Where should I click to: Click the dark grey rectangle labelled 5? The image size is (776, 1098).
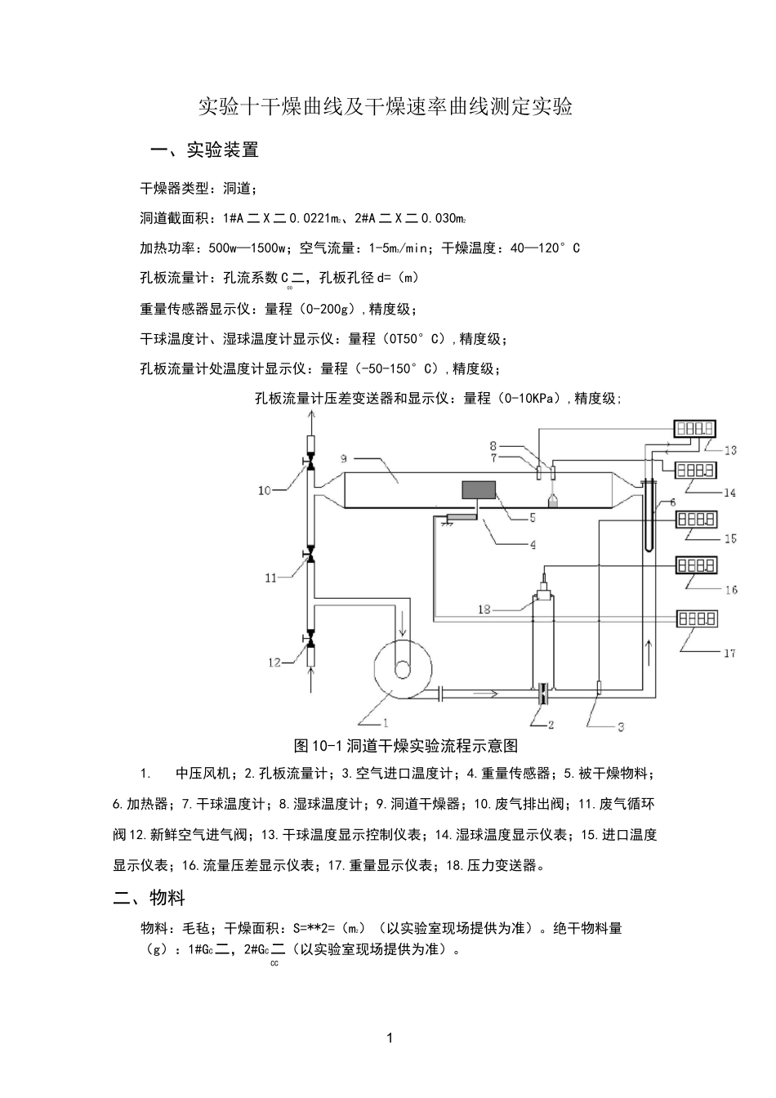pyautogui.click(x=479, y=490)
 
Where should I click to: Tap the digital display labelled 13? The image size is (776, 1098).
pyautogui.click(x=694, y=428)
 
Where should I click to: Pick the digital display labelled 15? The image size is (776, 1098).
pyautogui.click(x=695, y=519)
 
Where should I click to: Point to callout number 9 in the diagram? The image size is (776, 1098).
pyautogui.click(x=345, y=457)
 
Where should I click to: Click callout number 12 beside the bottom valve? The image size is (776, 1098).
pyautogui.click(x=274, y=663)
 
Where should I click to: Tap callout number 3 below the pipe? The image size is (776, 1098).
pyautogui.click(x=621, y=725)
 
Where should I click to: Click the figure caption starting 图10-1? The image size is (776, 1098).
pyautogui.click(x=406, y=745)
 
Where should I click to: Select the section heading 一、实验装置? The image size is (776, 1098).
pyautogui.click(x=205, y=150)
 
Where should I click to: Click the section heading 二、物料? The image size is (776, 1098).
pyautogui.click(x=149, y=899)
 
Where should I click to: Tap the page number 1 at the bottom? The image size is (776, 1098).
pyautogui.click(x=389, y=1038)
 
